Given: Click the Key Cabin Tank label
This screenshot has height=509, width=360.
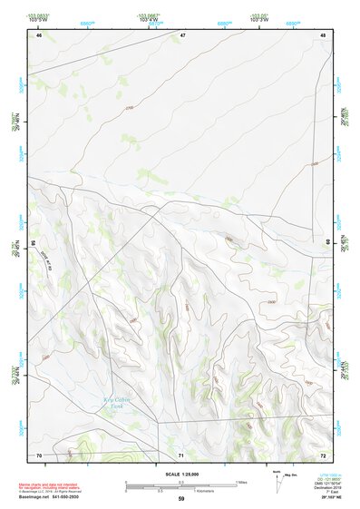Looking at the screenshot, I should [x=116, y=402].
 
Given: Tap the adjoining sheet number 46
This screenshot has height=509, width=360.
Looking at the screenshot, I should [x=39, y=35].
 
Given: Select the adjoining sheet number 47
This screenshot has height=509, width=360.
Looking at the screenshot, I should [x=182, y=35].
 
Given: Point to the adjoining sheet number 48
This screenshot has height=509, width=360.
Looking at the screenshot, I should [x=323, y=35].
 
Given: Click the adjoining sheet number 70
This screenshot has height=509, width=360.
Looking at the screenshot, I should [x=39, y=454].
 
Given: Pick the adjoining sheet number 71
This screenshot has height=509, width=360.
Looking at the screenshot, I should [x=181, y=454].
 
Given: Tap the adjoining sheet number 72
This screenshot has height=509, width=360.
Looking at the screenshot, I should [x=323, y=454].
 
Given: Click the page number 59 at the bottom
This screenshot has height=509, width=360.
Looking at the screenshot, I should [x=181, y=499].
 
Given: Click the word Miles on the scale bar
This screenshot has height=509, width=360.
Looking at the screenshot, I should [x=241, y=482].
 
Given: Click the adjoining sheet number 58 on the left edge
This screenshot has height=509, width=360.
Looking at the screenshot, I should [x=34, y=244].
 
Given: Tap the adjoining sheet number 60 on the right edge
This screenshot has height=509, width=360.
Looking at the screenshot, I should [x=327, y=241].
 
